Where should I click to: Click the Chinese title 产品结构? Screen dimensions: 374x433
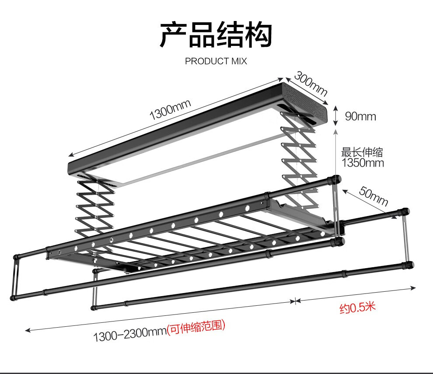(216, 35)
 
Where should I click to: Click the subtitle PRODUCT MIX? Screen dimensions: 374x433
(216, 61)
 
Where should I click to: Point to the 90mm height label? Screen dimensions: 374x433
(360, 116)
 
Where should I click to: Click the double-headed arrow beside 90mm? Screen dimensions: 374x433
(335, 115)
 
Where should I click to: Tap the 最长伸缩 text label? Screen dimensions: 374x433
(362, 152)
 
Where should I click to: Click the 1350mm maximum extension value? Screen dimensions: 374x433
(363, 163)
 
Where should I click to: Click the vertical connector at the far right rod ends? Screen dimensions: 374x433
(407, 238)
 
